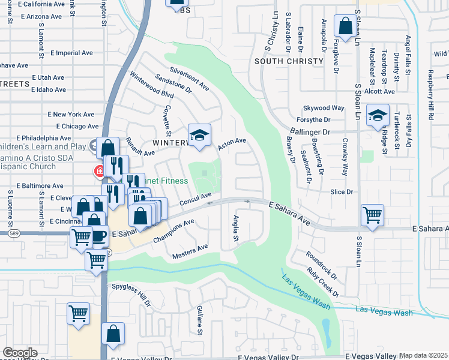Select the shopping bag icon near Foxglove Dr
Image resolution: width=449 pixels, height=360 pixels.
click(345, 26)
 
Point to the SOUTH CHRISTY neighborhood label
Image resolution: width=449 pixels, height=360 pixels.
click(287, 61)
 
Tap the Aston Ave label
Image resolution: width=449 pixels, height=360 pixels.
click(232, 144)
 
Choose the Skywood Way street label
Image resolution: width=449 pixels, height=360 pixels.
click(324, 108)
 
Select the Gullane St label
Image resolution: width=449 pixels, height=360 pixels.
click(199, 319)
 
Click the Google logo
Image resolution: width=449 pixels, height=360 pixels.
click(20, 353)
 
